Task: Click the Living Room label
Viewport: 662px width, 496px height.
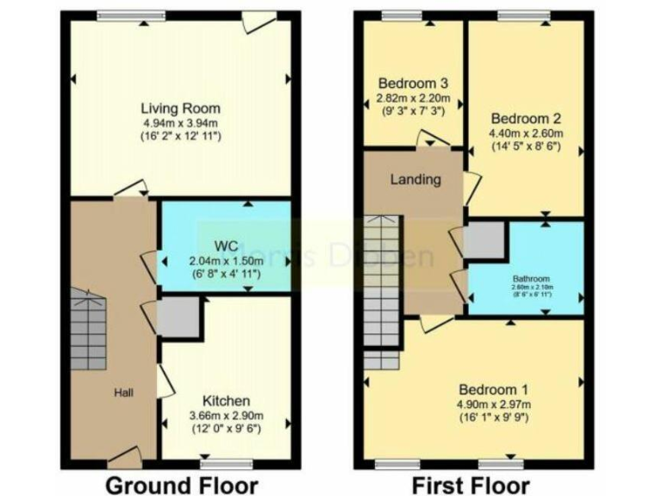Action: [181, 108]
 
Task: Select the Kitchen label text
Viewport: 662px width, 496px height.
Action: [226, 400]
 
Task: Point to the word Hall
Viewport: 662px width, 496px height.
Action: [125, 393]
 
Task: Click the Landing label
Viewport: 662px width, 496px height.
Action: [416, 180]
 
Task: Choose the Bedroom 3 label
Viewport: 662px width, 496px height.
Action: [413, 84]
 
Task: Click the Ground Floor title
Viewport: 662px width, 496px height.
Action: [181, 484]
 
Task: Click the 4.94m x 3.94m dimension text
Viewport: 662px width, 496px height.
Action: [181, 123]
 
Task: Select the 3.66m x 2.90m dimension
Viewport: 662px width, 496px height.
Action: [226, 415]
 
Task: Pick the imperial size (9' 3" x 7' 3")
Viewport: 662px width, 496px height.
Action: [413, 112]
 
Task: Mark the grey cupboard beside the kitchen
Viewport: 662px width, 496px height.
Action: [179, 317]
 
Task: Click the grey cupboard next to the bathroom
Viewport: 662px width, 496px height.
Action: [484, 241]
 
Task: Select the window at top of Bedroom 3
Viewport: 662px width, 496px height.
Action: [397, 15]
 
